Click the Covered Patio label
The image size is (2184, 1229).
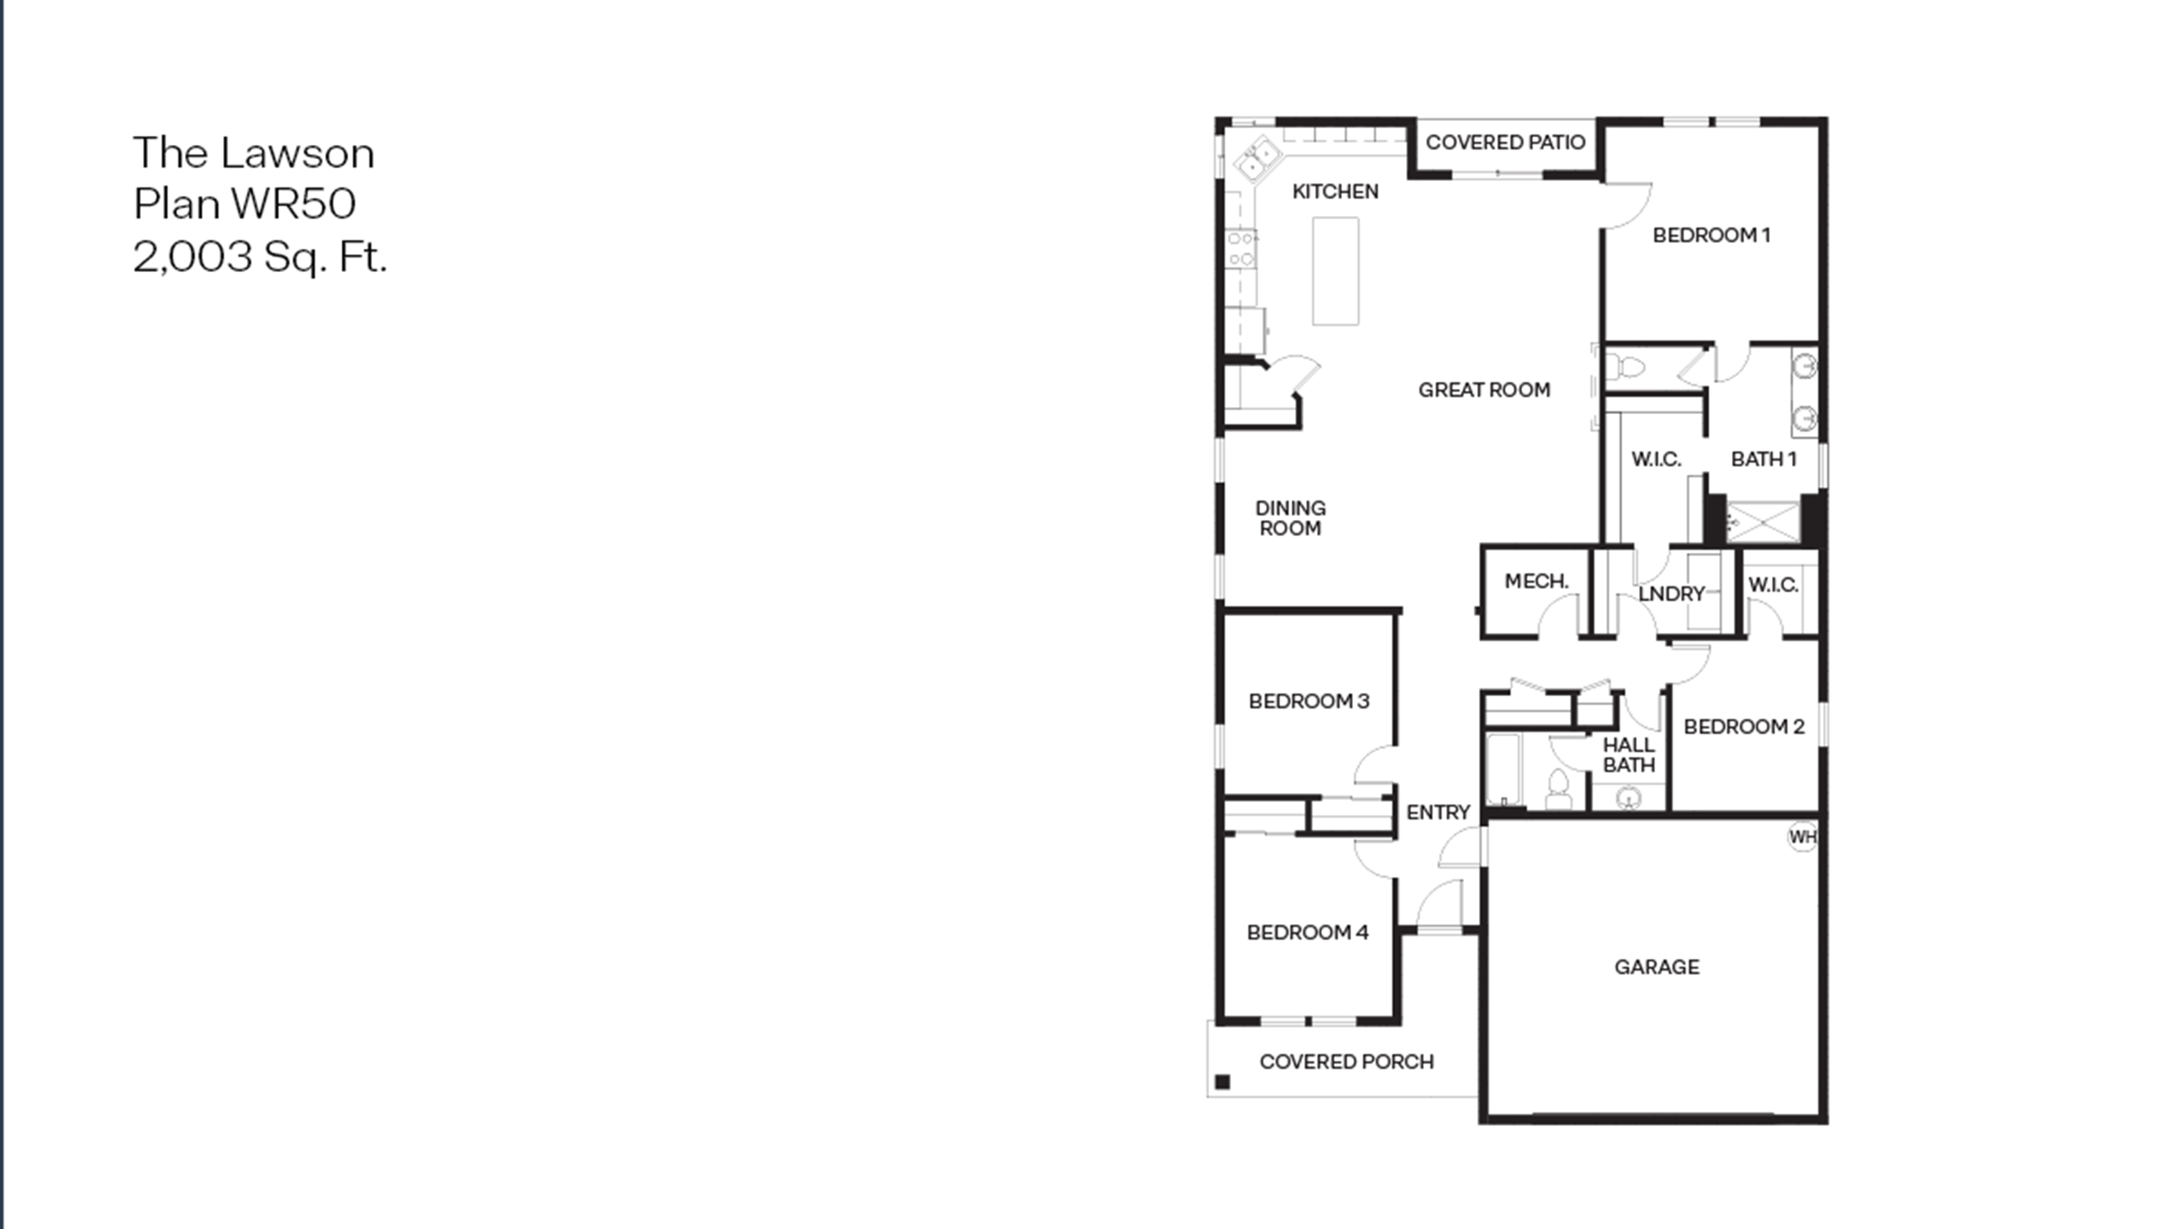click(x=1505, y=142)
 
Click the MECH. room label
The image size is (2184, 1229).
click(x=1536, y=581)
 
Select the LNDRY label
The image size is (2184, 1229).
click(x=1671, y=594)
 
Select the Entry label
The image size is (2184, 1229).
click(x=1438, y=813)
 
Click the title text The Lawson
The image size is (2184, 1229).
click(x=254, y=153)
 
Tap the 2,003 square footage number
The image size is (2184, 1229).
click(x=193, y=256)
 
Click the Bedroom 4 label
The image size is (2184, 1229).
click(x=1307, y=932)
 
